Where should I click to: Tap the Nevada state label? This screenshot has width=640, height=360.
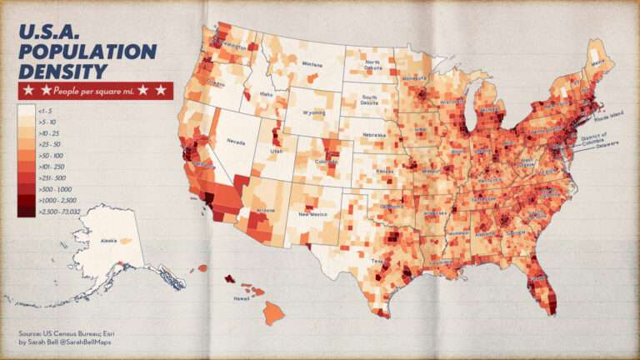(x=236, y=142)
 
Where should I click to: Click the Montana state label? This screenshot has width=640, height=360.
(x=312, y=64)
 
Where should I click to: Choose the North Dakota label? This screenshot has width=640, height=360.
(x=371, y=67)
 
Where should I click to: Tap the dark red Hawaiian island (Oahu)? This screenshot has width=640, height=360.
(x=227, y=278)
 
